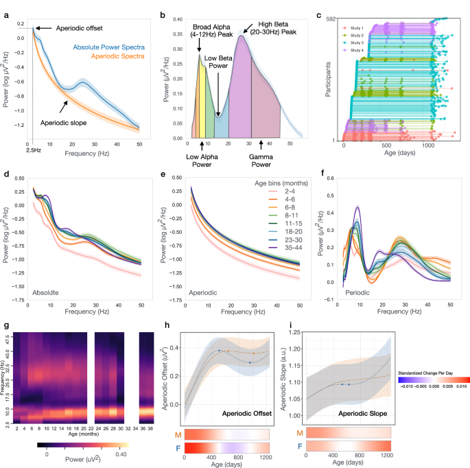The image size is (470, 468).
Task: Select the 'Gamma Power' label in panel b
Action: pos(263,161)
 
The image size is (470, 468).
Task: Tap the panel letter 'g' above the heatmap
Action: pos(6,325)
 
